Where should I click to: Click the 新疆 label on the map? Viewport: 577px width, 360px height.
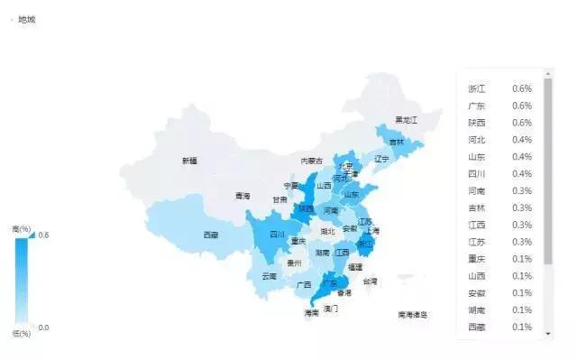(188, 162)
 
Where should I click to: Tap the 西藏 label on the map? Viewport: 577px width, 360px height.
(210, 235)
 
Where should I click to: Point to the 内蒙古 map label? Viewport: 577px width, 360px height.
(311, 162)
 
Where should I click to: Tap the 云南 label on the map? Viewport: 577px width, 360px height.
(269, 276)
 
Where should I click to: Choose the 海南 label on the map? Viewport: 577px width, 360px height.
(311, 313)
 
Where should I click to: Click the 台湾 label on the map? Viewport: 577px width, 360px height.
(371, 282)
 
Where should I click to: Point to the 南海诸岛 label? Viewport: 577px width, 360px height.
(413, 315)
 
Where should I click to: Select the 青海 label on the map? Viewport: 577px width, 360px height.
(243, 196)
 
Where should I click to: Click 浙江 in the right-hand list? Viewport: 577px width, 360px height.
(477, 88)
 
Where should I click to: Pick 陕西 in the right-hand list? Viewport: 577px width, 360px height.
(477, 123)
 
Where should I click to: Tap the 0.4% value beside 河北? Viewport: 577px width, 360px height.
(522, 140)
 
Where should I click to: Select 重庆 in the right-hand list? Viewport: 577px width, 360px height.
(477, 259)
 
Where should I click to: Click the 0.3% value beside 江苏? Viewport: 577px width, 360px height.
(522, 242)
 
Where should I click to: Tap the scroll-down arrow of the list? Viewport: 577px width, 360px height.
(548, 334)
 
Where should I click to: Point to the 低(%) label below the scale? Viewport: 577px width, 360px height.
(21, 334)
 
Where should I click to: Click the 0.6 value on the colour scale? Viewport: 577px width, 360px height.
(43, 235)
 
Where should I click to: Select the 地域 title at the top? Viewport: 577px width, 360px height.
(26, 19)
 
